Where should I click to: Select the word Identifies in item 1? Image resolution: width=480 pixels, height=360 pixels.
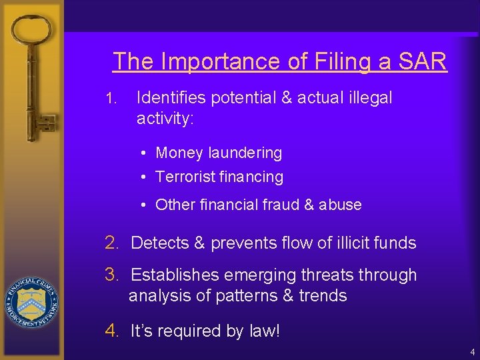coord(169,98)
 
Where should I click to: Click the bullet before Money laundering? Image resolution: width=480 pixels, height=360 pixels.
coord(144,153)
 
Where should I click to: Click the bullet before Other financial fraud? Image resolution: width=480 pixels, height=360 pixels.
coord(144,205)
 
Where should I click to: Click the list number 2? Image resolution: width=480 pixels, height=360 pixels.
coord(112,243)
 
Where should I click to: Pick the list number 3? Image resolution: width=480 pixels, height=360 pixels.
coord(112,275)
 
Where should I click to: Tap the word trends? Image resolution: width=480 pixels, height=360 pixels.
coord(324,295)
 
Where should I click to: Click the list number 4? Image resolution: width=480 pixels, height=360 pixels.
coord(112,331)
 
